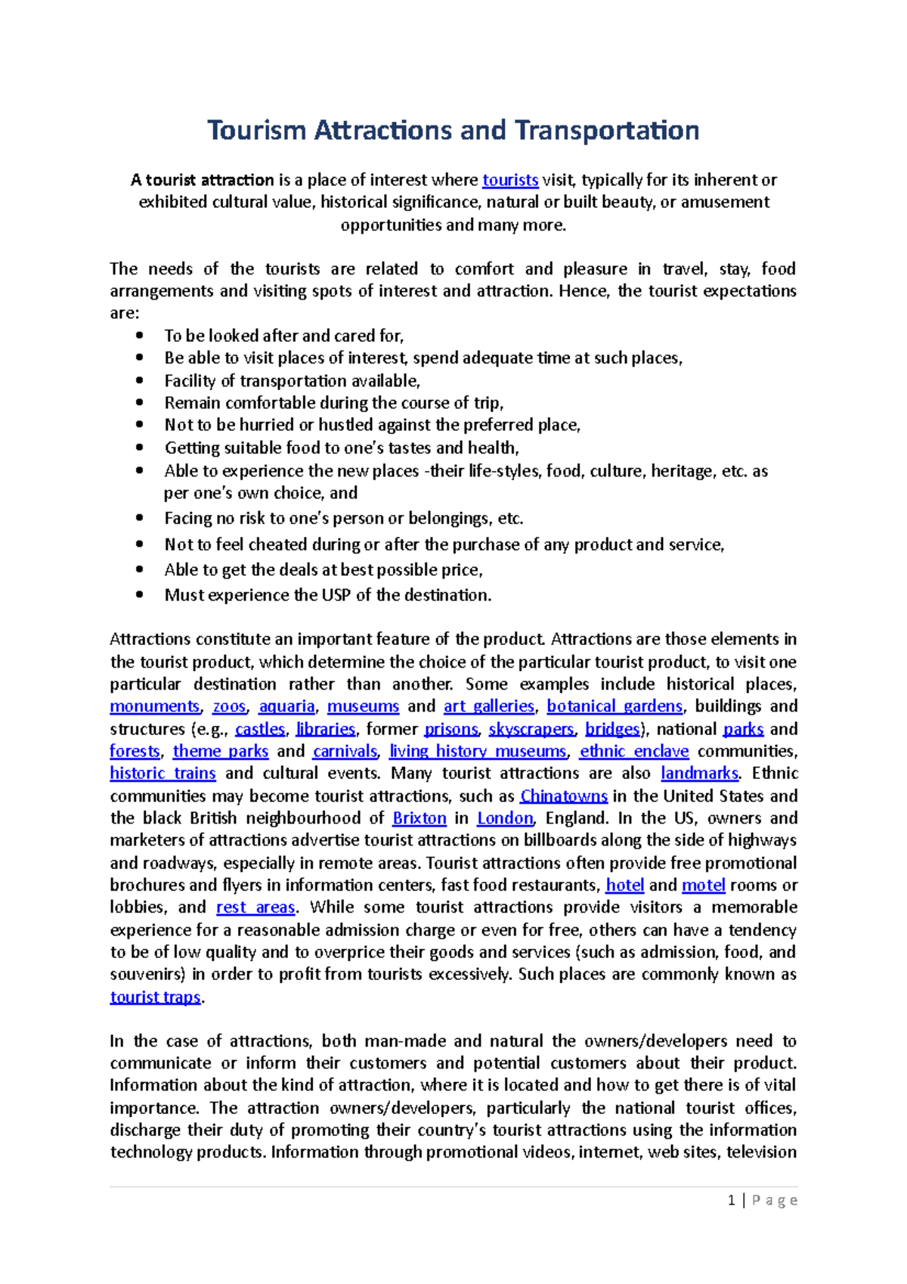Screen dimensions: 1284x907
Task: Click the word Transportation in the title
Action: point(607,130)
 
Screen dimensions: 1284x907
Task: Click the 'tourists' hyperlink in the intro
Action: point(510,180)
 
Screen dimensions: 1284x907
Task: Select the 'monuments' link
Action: point(154,706)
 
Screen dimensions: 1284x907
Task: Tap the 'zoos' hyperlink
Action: point(229,706)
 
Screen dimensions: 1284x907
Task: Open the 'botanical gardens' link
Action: point(614,706)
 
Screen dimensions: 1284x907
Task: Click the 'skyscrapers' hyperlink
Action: point(531,729)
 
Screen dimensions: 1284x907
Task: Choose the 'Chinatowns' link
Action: point(564,796)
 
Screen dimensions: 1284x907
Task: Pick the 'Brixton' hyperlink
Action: point(419,818)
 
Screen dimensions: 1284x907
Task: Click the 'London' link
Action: point(505,818)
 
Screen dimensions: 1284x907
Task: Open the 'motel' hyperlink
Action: point(703,885)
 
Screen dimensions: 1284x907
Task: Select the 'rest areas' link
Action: point(255,907)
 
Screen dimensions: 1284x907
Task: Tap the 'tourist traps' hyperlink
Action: point(155,997)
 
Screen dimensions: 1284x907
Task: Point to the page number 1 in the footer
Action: point(731,1201)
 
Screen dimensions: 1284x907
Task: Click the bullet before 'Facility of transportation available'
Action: point(139,380)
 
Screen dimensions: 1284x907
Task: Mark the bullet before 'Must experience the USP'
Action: point(139,595)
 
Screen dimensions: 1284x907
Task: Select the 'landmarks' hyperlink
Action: point(699,774)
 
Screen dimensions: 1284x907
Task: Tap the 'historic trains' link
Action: point(163,774)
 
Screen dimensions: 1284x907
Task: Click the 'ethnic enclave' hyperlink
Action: point(634,752)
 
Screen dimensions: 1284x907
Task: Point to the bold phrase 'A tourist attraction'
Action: point(202,180)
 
